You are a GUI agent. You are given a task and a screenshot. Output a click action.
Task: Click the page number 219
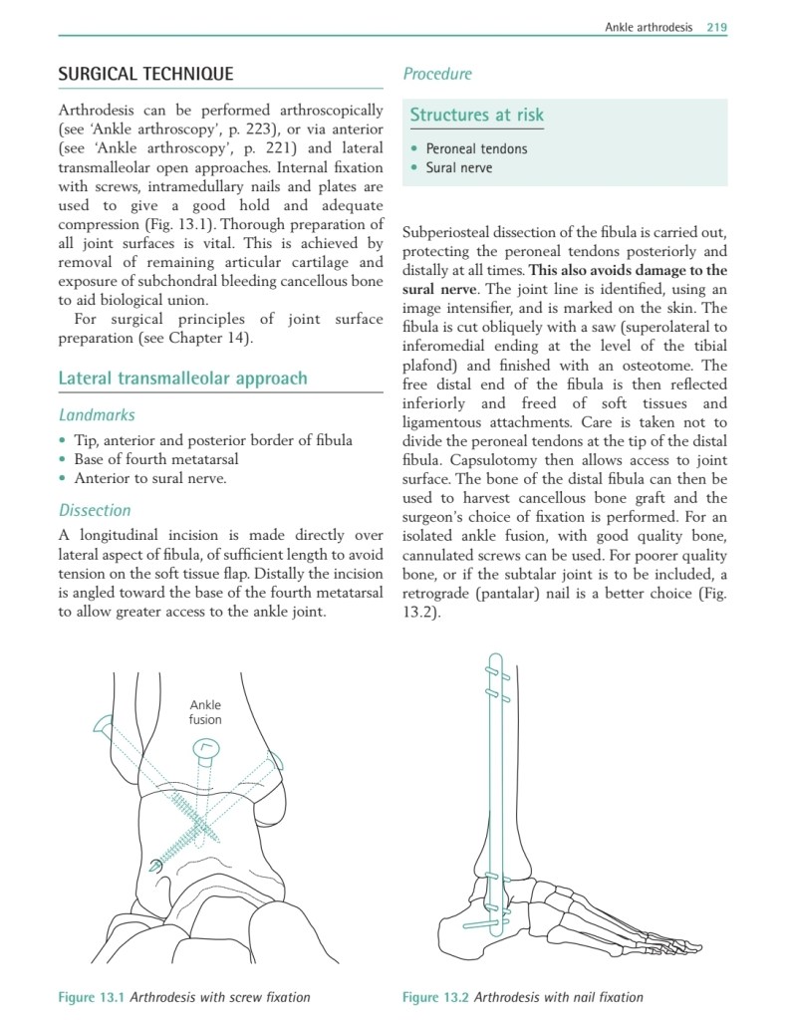[x=716, y=27]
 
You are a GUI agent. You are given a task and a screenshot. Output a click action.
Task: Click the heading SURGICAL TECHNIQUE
[x=145, y=74]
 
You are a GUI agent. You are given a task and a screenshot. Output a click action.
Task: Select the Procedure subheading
[x=437, y=74]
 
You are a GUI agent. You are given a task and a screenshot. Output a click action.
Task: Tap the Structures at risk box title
[x=477, y=115]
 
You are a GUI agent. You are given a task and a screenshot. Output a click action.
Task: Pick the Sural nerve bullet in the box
[x=458, y=167]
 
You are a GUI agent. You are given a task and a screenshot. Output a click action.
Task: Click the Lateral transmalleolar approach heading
[x=182, y=379]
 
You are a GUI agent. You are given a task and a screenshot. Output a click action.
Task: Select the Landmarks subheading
[x=97, y=414]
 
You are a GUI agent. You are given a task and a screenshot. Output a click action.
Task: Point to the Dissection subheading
[x=95, y=510]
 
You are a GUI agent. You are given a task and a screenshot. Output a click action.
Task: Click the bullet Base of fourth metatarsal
[x=155, y=459]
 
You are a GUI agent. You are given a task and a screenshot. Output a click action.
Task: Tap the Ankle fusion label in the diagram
[x=205, y=712]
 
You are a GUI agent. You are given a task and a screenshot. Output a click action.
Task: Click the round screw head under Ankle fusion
[x=205, y=747]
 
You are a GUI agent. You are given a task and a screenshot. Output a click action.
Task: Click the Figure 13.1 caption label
[x=93, y=997]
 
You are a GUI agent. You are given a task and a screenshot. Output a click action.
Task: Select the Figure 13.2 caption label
[x=435, y=997]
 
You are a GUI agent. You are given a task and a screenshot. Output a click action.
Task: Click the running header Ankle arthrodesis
[x=649, y=27]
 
